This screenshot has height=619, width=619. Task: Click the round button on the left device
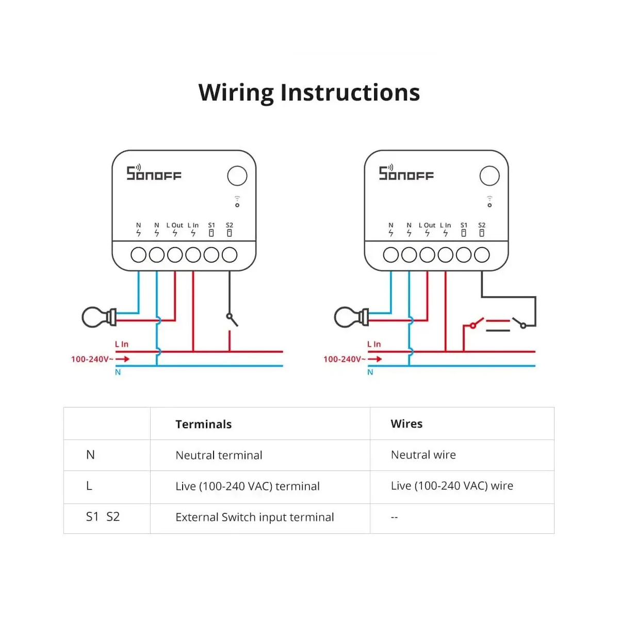[x=237, y=176]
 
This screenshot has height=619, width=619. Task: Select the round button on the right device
[x=489, y=176]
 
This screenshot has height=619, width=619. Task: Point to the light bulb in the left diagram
[x=99, y=317]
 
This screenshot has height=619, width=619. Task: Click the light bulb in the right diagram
[x=351, y=317]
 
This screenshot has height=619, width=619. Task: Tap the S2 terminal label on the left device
[x=230, y=225]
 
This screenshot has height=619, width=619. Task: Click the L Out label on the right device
[x=427, y=225]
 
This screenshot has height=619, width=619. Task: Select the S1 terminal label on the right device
[x=464, y=225]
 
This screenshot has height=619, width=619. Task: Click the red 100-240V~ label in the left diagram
[x=92, y=359]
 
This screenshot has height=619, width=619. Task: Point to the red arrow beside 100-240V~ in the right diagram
[x=374, y=359]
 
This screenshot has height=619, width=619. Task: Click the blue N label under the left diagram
[x=118, y=372]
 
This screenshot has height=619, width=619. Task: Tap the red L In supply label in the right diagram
[x=374, y=345]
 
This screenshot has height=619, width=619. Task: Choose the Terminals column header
[x=203, y=425]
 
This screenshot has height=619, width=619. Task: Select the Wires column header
[x=406, y=424]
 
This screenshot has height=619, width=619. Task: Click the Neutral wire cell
[x=423, y=455]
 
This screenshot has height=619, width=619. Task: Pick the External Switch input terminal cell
[x=254, y=517]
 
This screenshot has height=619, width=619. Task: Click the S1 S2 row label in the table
[x=103, y=517]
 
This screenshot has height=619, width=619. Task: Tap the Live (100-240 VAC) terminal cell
[x=248, y=486]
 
